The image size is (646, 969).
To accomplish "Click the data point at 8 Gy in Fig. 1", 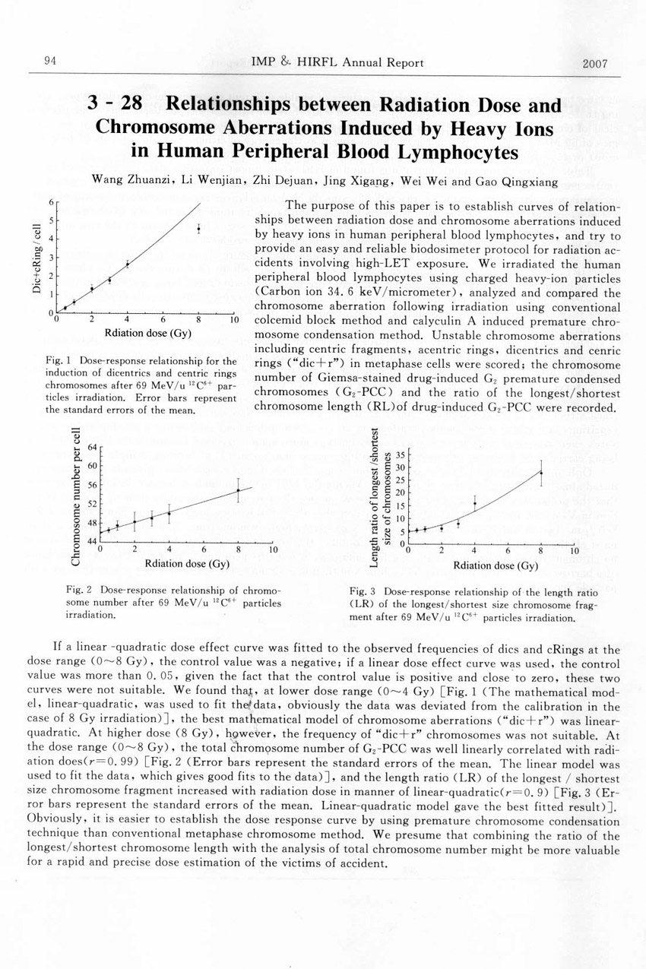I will click(198, 228).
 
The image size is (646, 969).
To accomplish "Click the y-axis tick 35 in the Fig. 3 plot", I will click(401, 455).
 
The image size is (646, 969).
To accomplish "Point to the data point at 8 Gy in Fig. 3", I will click(541, 473).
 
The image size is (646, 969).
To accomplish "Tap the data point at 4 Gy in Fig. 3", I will click(474, 503).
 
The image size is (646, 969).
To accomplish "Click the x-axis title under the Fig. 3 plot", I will click(495, 565).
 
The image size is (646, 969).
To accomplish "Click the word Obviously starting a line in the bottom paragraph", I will click(55, 821).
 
